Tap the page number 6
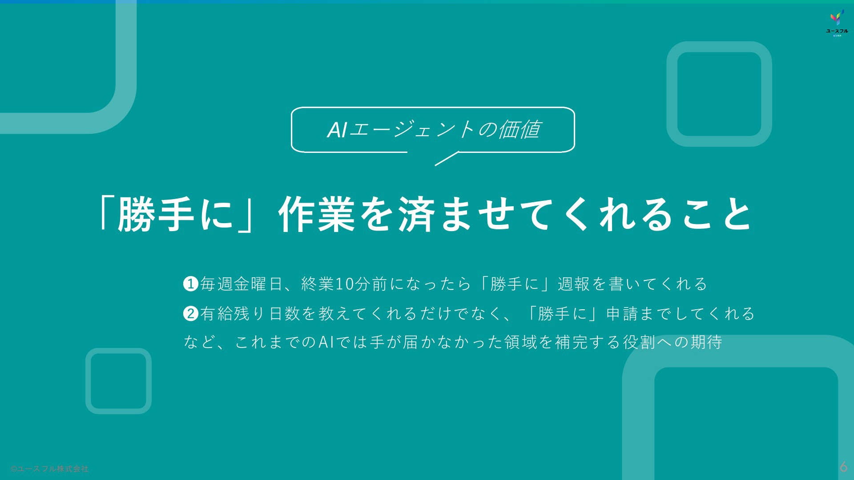(x=843, y=466)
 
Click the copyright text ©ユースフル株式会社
(x=49, y=468)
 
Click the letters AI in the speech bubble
(x=337, y=130)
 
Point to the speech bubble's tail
(x=447, y=158)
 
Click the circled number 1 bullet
(x=191, y=284)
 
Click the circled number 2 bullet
(x=191, y=314)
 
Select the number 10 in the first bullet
(x=344, y=284)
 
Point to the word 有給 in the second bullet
(x=217, y=314)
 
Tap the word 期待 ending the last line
(x=706, y=342)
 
